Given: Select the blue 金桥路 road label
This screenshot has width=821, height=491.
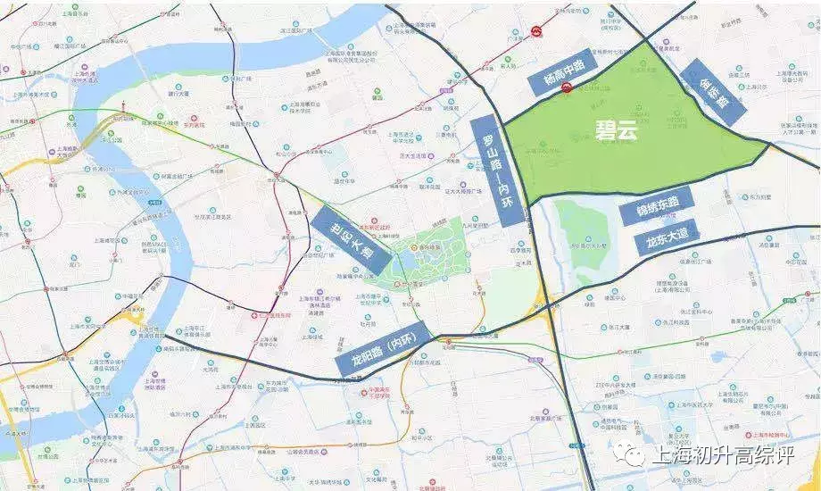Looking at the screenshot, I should pyautogui.click(x=713, y=90).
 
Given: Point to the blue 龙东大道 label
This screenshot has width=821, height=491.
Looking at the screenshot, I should pyautogui.click(x=667, y=238).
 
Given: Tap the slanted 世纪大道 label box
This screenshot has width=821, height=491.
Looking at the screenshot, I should pyautogui.click(x=351, y=240).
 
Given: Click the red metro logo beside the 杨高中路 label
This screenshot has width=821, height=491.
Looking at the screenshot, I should pyautogui.click(x=567, y=87).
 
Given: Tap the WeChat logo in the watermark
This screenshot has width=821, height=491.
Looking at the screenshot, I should pyautogui.click(x=634, y=456).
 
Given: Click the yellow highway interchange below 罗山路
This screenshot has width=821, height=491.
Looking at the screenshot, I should pyautogui.click(x=541, y=299).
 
